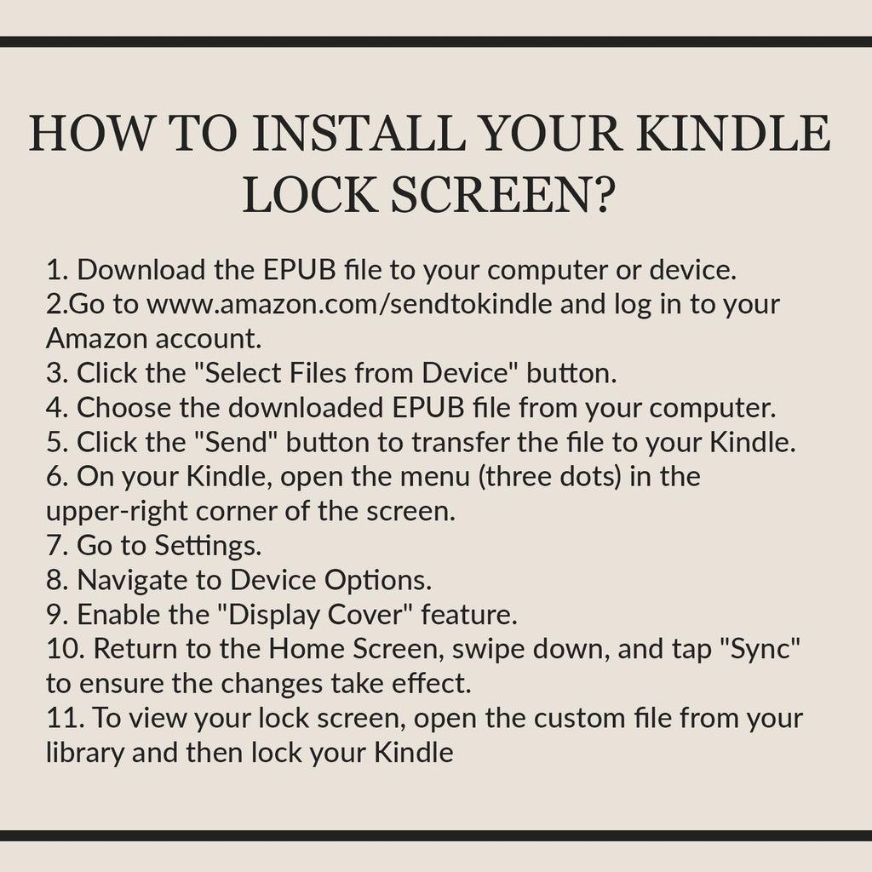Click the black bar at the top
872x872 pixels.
click(x=436, y=42)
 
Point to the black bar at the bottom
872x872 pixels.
click(x=436, y=835)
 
